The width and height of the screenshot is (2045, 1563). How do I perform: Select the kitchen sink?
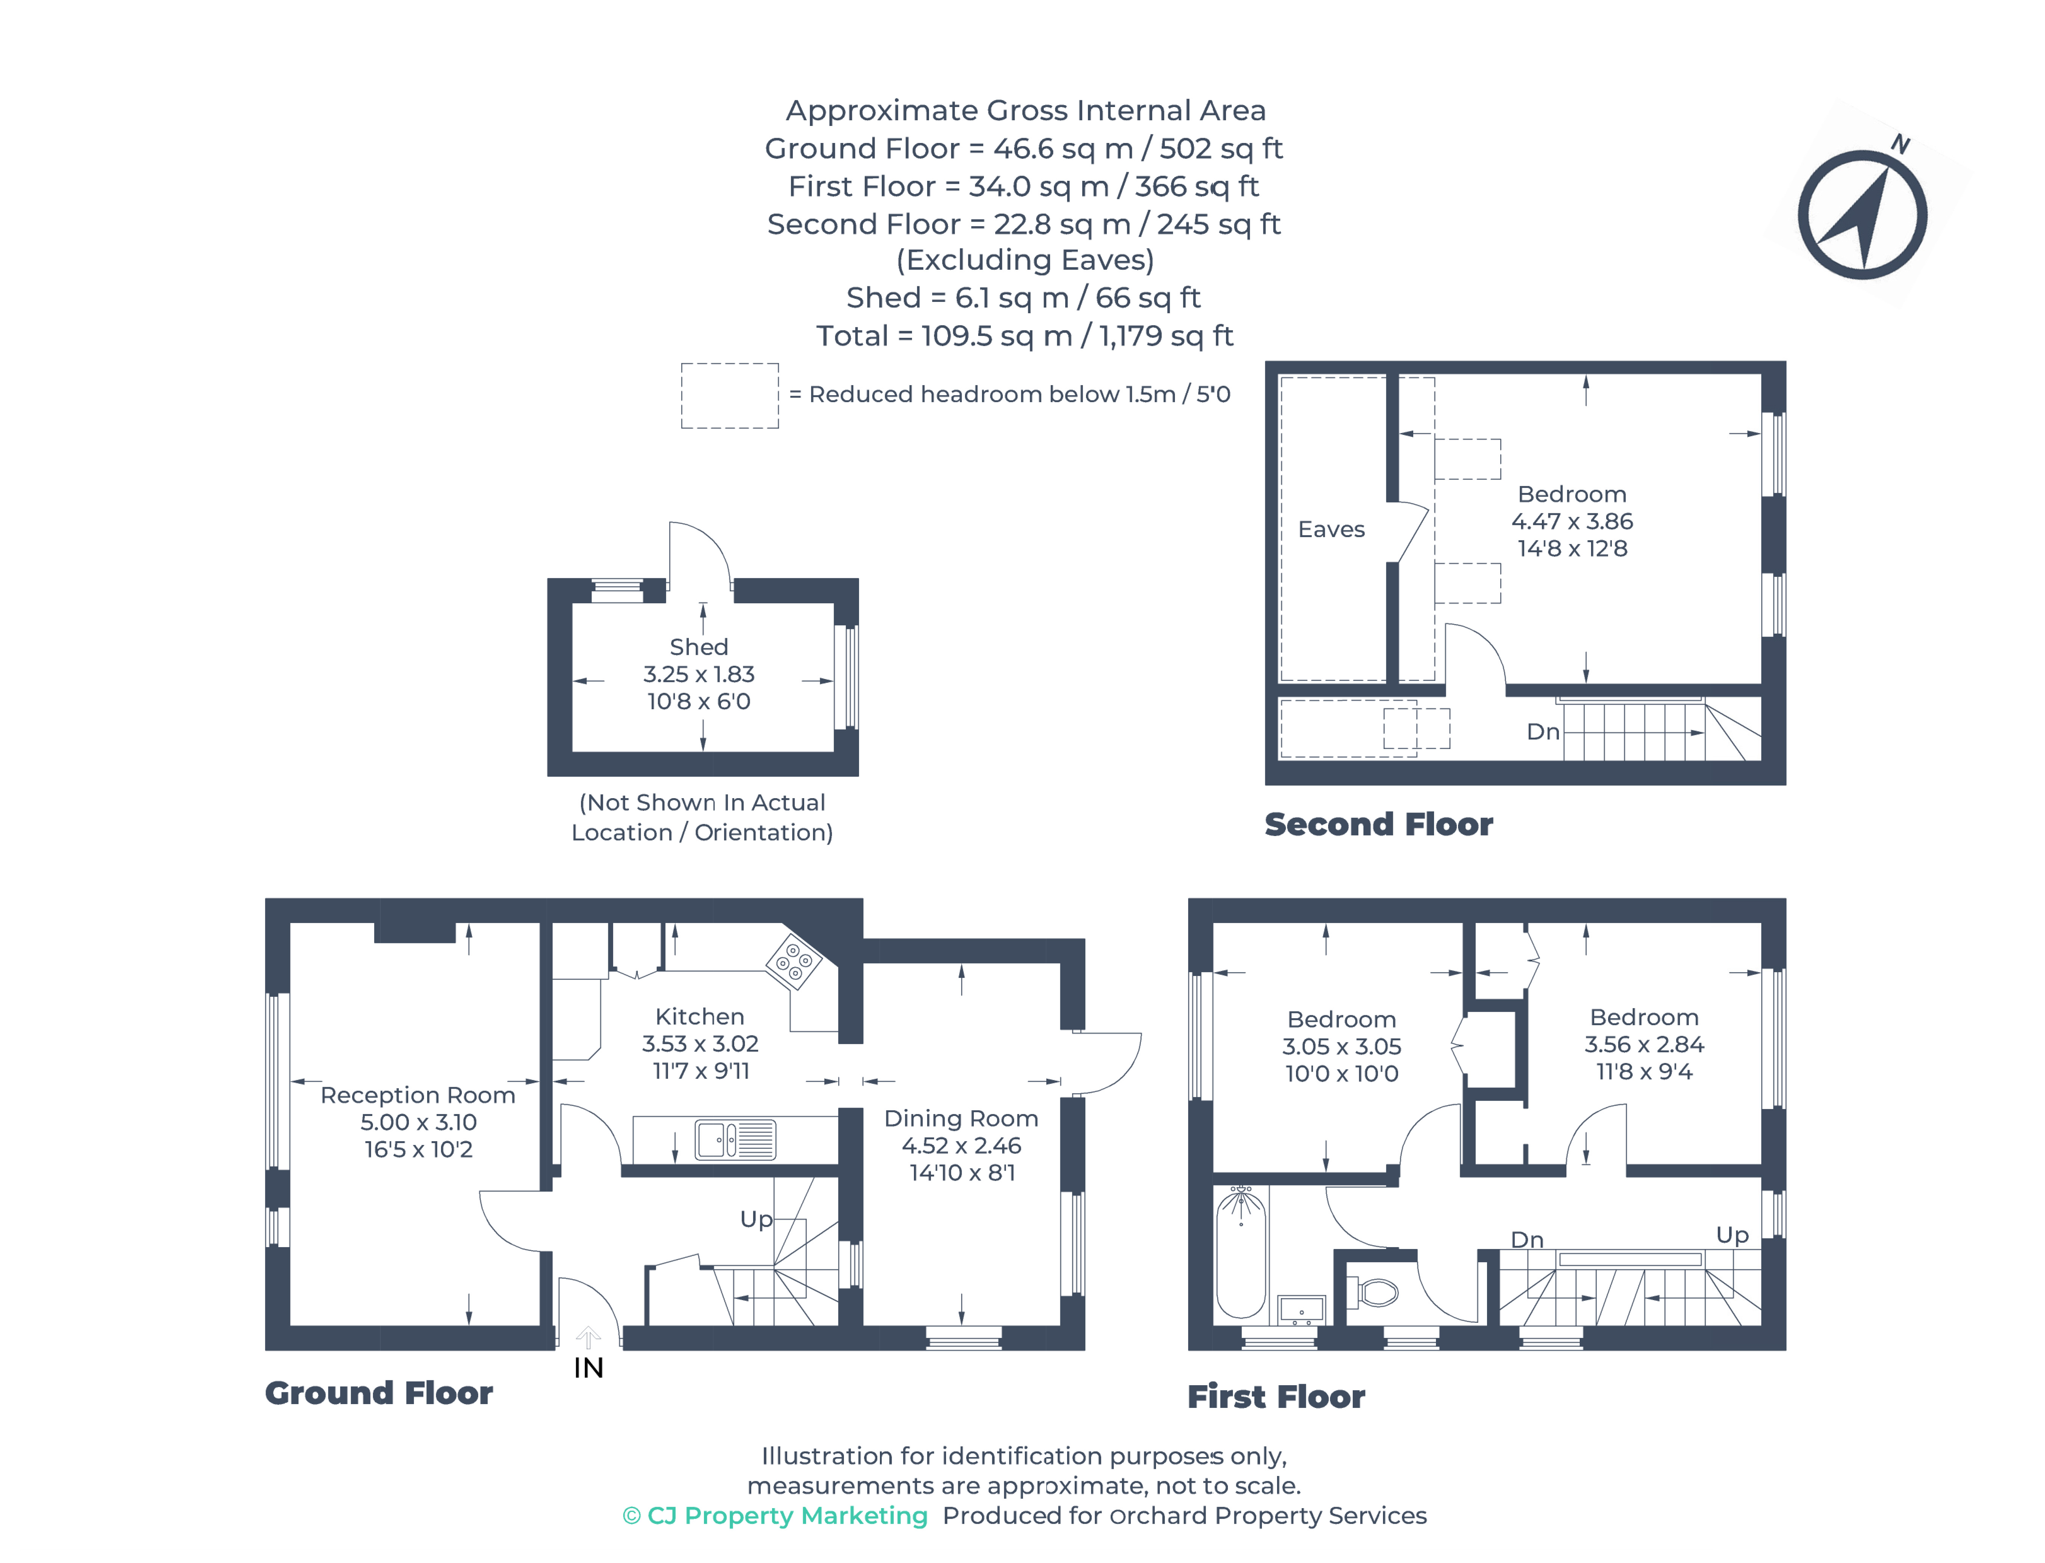pos(734,1139)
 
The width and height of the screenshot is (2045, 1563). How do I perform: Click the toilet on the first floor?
pos(1372,1291)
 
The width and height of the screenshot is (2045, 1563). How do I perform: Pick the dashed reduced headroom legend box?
pos(729,395)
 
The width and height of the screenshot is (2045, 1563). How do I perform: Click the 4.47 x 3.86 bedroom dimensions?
pos(1571,521)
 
